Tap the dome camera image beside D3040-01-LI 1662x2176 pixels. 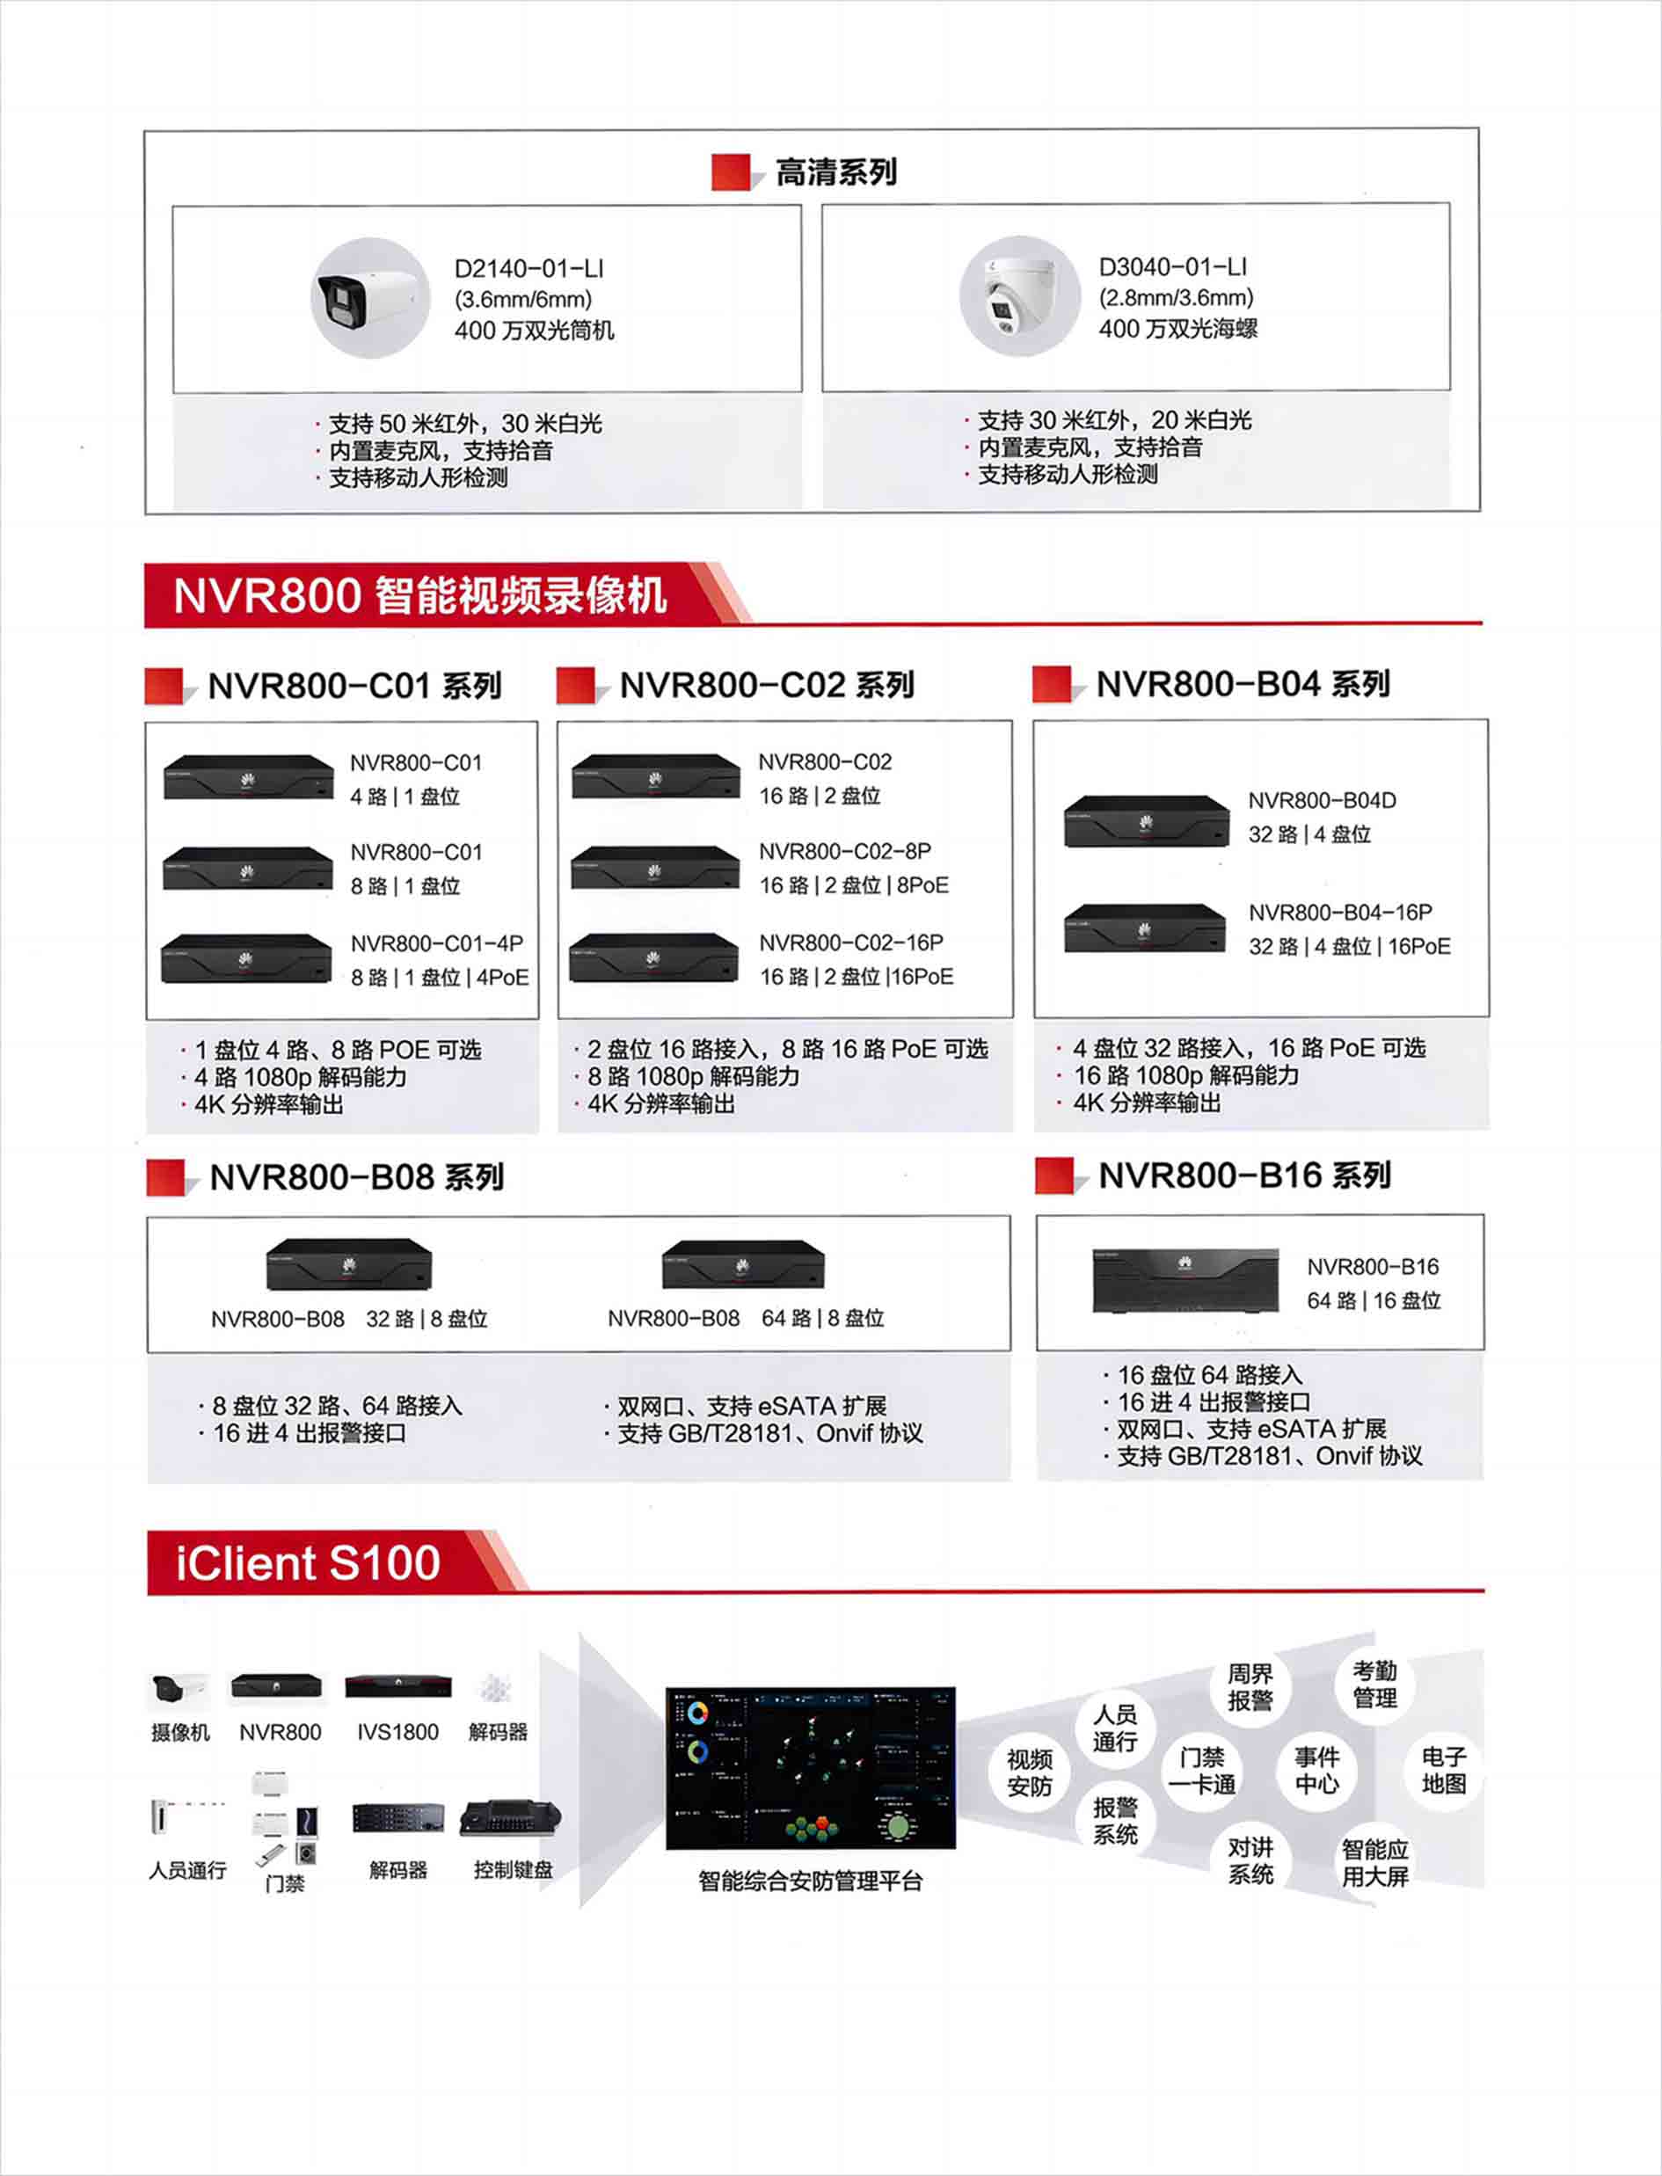pos(1020,295)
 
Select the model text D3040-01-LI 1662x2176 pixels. pos(1172,267)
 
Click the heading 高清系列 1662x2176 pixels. pos(835,172)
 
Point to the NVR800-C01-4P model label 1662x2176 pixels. pos(436,943)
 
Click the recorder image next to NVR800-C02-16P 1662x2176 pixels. pos(654,957)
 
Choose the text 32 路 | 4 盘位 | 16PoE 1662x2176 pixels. pos(1348,947)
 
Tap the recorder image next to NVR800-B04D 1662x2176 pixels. pos(1146,821)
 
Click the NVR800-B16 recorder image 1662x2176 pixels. pos(1185,1280)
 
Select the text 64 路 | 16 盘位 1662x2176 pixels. pos(1374,1300)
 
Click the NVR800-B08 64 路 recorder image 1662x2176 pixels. pos(743,1264)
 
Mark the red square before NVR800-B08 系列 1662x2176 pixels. pos(165,1177)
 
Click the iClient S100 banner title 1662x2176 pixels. pos(308,1563)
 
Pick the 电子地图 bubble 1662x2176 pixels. pos(1443,1771)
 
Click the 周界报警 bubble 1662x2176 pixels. pos(1250,1687)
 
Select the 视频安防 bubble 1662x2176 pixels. pos(1029,1772)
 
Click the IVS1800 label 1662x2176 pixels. pos(397,1732)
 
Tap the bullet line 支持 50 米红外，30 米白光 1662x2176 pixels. pos(464,424)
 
